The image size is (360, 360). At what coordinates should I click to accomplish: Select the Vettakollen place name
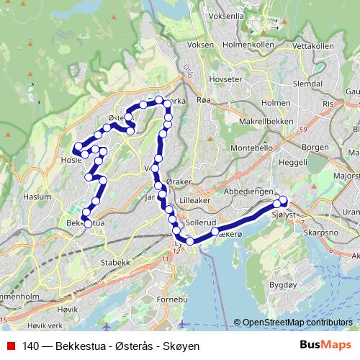(x=314, y=46)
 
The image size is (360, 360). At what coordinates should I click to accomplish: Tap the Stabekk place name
(x=114, y=262)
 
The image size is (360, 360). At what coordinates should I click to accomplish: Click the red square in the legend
(x=10, y=346)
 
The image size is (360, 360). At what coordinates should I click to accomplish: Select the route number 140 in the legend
(x=31, y=346)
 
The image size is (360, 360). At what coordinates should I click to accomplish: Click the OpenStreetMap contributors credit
(x=297, y=323)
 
